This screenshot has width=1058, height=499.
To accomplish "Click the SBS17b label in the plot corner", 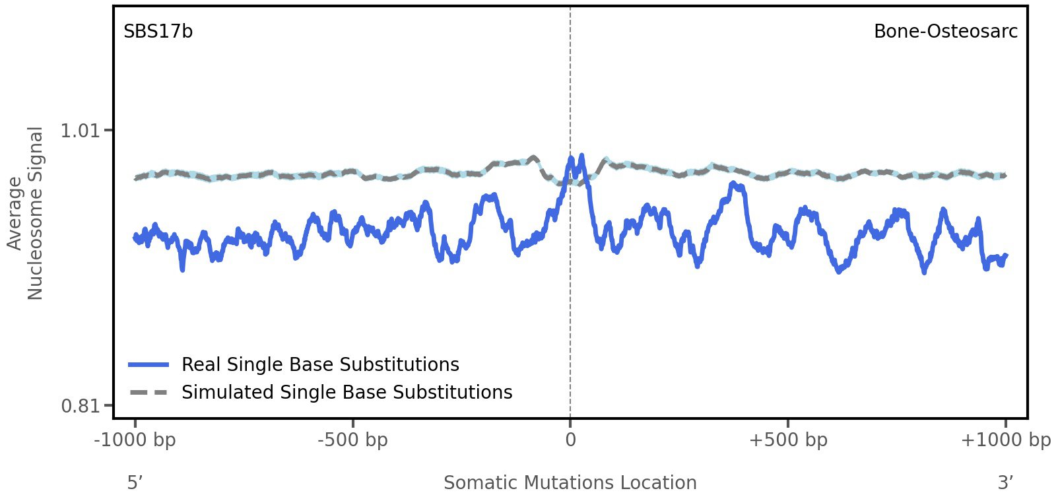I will [158, 32].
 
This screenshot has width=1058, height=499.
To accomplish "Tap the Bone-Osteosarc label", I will [945, 32].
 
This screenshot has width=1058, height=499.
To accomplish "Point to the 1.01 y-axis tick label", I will [80, 131].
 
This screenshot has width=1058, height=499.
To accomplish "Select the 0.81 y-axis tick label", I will [80, 405].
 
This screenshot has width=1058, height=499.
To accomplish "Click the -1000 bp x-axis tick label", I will [135, 440].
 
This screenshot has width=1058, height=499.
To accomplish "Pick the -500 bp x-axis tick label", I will [352, 440].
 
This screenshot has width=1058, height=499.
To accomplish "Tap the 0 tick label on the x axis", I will [570, 440].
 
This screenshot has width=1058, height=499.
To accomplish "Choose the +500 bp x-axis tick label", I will [787, 440].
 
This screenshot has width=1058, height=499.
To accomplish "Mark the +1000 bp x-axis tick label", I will [1005, 440].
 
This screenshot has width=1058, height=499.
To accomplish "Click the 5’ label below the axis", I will [135, 483].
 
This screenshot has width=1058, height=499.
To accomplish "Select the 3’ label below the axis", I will [1005, 483].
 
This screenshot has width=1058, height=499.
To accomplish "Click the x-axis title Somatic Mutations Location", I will [570, 483].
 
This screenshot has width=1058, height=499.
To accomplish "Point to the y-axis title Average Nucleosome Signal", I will [25, 213].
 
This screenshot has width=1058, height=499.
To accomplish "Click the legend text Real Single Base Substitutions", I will [320, 365].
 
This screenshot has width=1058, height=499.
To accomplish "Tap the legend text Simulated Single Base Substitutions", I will [347, 393].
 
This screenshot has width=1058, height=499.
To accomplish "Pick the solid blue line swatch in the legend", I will [149, 365].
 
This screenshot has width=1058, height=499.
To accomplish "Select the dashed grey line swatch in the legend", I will [149, 393].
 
